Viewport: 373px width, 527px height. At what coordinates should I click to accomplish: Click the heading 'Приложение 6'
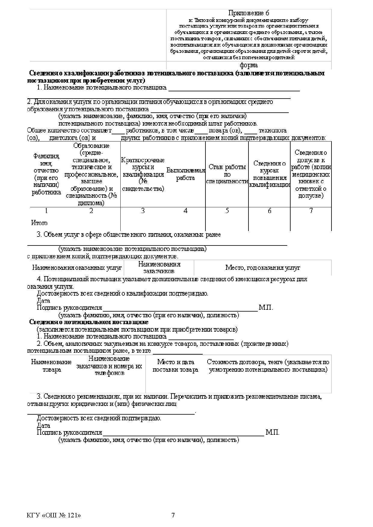click(x=248, y=13)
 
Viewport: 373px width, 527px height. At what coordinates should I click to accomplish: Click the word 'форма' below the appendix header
click(x=248, y=65)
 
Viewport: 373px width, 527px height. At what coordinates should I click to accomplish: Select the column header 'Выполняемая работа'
click(x=185, y=174)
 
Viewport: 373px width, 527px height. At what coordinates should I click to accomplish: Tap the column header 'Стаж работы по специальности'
click(x=227, y=174)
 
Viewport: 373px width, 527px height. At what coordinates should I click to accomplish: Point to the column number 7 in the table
click(x=311, y=211)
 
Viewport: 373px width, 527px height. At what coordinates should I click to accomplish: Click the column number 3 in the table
click(x=143, y=211)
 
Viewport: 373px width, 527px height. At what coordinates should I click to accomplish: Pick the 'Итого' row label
click(x=39, y=223)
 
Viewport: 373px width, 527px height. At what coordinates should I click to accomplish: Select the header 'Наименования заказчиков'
click(x=159, y=267)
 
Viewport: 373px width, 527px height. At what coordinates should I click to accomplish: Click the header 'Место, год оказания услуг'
click(x=263, y=268)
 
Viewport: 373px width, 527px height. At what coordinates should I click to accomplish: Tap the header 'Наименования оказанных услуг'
click(x=77, y=268)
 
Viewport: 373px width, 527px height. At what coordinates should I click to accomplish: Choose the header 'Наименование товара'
click(x=51, y=366)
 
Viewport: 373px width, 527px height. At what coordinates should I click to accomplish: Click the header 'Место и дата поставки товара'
click(x=176, y=366)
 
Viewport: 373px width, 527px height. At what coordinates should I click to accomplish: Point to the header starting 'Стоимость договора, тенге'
click(x=268, y=366)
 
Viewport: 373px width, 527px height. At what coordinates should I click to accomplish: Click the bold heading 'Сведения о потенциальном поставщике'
click(x=89, y=322)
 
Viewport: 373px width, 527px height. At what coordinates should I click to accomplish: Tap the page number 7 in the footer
click(x=173, y=515)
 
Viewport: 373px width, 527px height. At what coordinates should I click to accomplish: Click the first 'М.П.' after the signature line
click(x=266, y=308)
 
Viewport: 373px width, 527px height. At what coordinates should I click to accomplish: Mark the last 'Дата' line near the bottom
click(x=44, y=425)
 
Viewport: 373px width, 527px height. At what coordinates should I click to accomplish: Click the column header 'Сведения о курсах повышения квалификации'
click(x=269, y=174)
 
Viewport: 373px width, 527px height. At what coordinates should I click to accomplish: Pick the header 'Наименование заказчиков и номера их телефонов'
click(x=109, y=366)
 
